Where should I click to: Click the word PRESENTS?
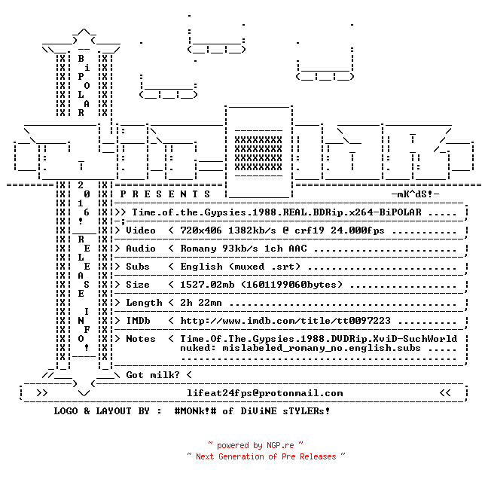(165, 194)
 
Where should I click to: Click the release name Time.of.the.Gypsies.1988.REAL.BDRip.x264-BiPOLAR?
(276, 212)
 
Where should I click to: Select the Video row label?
(141, 230)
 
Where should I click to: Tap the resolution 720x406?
(201, 230)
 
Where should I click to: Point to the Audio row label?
(141, 249)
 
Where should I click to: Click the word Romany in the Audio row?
(198, 249)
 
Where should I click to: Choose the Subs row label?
(138, 267)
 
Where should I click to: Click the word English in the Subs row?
(201, 267)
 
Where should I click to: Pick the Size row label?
(138, 285)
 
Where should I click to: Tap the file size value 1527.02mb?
(207, 285)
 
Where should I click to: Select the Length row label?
(144, 303)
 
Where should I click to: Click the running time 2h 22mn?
(201, 303)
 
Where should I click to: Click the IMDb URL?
(285, 321)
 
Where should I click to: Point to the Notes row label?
(141, 339)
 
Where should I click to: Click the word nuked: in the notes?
(198, 348)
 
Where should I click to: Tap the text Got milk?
(153, 375)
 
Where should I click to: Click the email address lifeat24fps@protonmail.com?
(265, 393)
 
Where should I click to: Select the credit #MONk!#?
(195, 410)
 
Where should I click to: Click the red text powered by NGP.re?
(255, 445)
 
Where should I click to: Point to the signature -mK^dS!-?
(415, 194)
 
